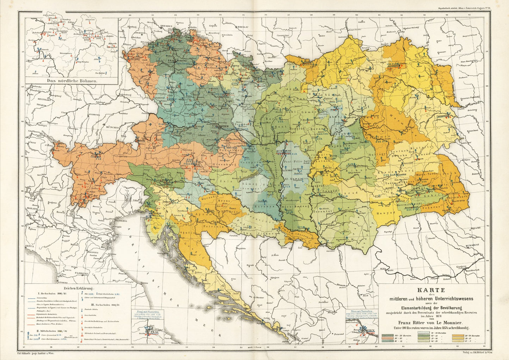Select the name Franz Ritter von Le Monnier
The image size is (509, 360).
431,322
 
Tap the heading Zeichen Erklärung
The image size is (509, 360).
78,287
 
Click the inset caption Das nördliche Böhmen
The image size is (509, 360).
72,80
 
